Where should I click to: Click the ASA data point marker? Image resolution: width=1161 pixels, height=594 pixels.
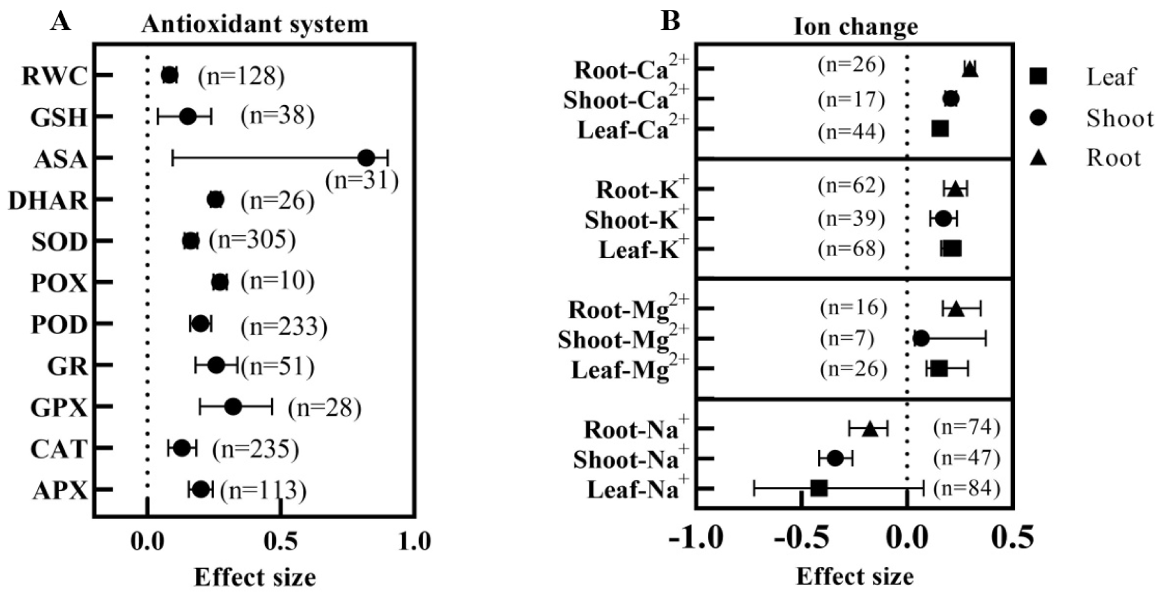366,158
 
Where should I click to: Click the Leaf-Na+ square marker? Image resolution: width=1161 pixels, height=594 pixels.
819,488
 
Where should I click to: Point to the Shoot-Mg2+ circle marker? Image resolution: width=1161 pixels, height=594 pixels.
921,339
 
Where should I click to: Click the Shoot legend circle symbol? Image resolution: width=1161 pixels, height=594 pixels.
1038,118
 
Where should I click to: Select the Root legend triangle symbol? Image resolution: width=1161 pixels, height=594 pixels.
1038,157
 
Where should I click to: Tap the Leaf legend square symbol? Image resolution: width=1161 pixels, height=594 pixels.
1038,77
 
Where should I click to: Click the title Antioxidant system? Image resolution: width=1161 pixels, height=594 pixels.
255,24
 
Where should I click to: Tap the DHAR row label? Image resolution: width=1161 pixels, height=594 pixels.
48,200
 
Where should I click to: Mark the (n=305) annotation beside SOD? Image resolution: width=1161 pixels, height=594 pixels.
252,240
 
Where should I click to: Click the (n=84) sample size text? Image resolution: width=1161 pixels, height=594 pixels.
966,488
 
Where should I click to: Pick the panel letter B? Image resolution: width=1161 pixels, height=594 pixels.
670,21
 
